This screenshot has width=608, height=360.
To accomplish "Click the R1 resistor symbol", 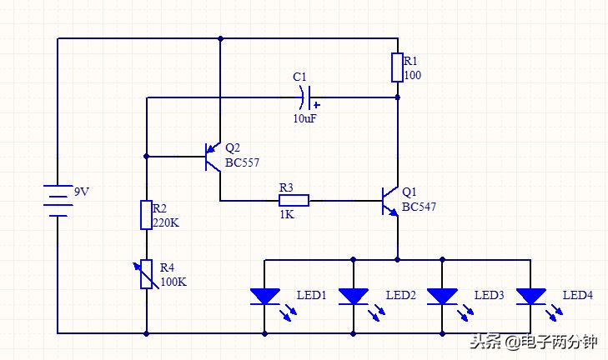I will (x=398, y=67).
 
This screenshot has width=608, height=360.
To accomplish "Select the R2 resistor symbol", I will (x=146, y=215).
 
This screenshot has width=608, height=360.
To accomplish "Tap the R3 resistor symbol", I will (x=294, y=200).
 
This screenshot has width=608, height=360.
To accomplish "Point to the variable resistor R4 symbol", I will (x=146, y=274).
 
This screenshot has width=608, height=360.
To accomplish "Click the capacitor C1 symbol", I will (x=306, y=97).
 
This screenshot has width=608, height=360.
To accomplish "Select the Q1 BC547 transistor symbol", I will (x=389, y=201).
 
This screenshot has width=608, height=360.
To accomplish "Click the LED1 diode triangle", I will (x=264, y=297).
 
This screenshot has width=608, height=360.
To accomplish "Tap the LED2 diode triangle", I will (x=354, y=297).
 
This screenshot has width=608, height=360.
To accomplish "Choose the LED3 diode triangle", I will (x=442, y=297).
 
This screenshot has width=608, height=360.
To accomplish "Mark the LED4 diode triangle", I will (x=531, y=297).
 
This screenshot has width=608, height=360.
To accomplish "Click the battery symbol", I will (x=58, y=201).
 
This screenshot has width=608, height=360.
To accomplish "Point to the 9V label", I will (x=82, y=192).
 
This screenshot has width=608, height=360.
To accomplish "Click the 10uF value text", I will (x=304, y=119).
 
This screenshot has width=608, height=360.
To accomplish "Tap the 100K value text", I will (x=173, y=282).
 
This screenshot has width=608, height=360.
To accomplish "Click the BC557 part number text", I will (x=242, y=163).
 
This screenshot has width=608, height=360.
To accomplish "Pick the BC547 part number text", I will (x=419, y=207).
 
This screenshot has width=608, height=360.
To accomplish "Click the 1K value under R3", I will (x=287, y=215).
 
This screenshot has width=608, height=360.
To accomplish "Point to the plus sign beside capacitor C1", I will (x=317, y=105).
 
